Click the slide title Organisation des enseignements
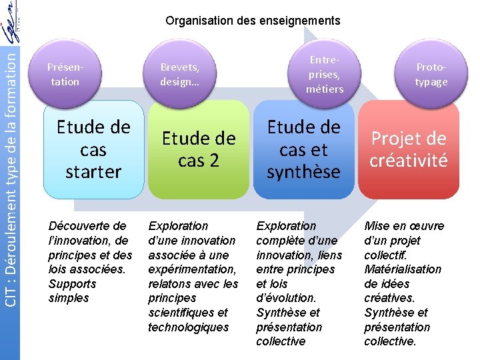click(x=253, y=21)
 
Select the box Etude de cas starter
click(x=93, y=149)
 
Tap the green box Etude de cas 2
click(x=198, y=149)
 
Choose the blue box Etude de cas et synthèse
click(x=303, y=149)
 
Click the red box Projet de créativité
click(x=409, y=149)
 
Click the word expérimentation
click(x=192, y=269)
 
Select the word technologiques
click(x=188, y=327)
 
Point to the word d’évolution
click(x=286, y=298)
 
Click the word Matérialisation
click(x=403, y=269)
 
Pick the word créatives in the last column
click(x=389, y=298)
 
